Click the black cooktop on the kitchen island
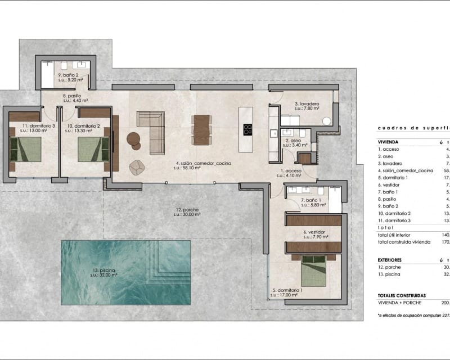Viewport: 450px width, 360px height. (247, 129)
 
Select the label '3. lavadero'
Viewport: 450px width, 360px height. (307, 103)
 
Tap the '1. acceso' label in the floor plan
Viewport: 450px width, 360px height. (291, 170)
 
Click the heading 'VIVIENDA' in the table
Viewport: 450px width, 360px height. (389, 142)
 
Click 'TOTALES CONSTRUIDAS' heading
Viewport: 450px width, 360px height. (402, 295)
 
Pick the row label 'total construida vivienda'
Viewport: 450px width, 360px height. (404, 242)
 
